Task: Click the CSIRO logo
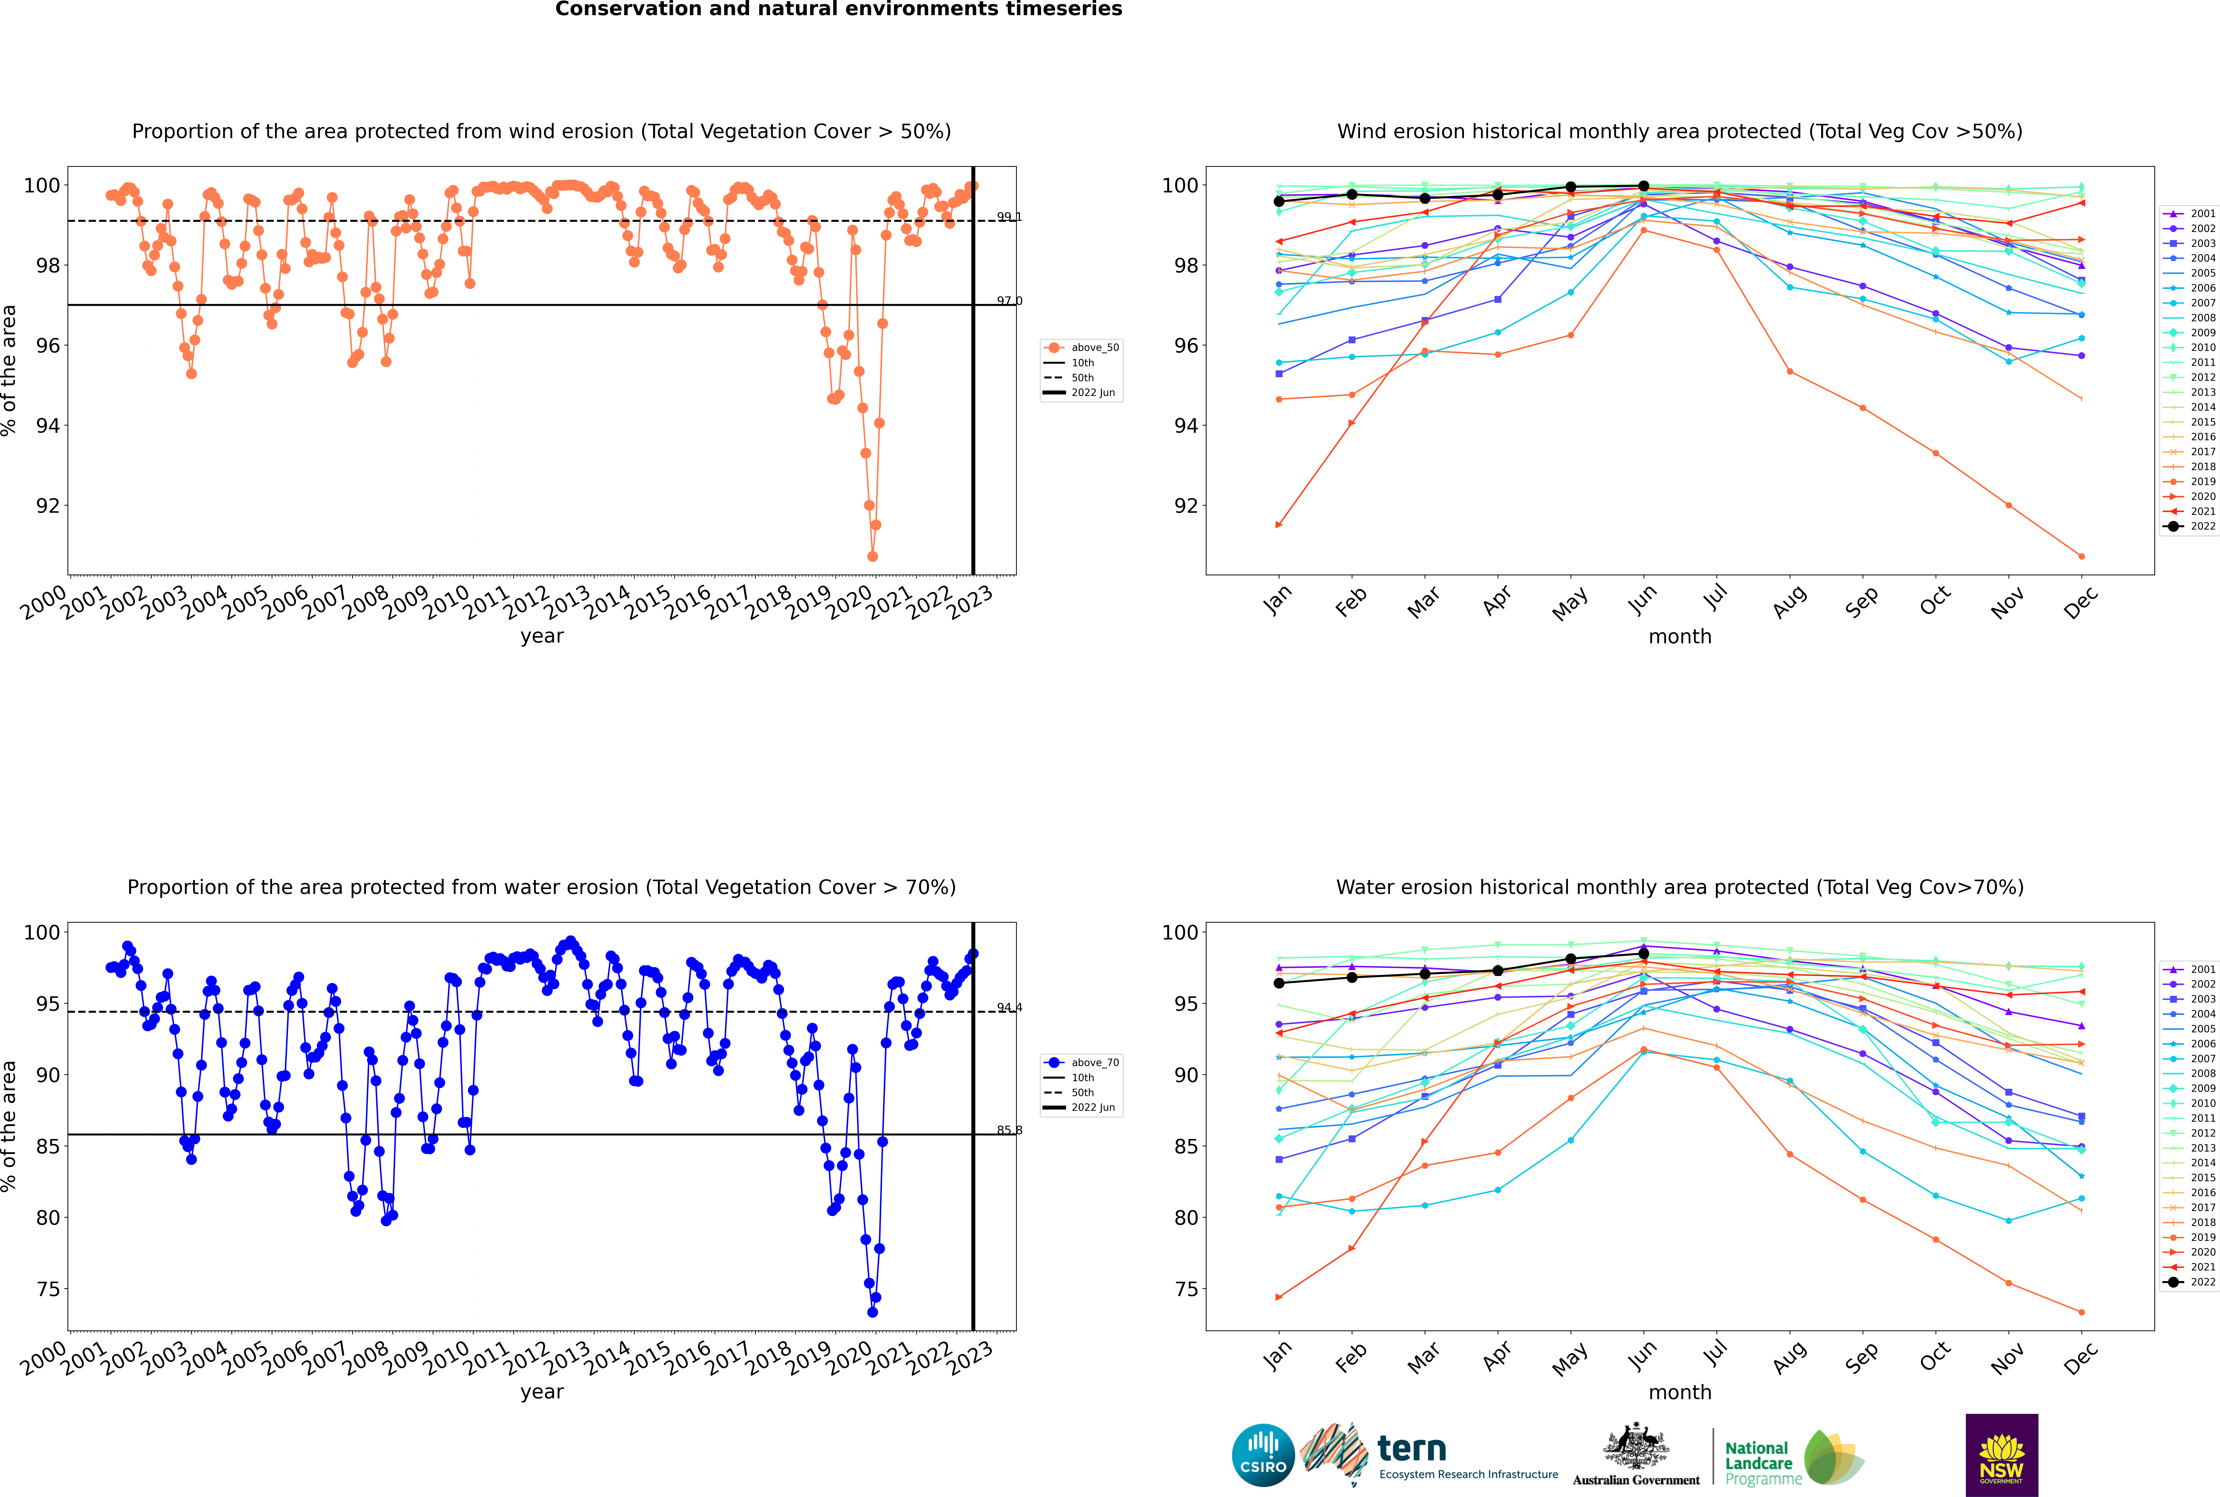tap(1263, 1455)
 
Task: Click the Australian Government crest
tap(1636, 1451)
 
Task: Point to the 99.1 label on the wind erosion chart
tap(1009, 217)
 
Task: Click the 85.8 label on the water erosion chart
tap(1009, 1130)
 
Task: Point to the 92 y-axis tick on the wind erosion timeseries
tap(48, 506)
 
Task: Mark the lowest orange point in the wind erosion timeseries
tap(872, 557)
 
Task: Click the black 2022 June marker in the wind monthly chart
tap(1644, 186)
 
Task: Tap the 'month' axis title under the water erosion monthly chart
tap(1680, 1392)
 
